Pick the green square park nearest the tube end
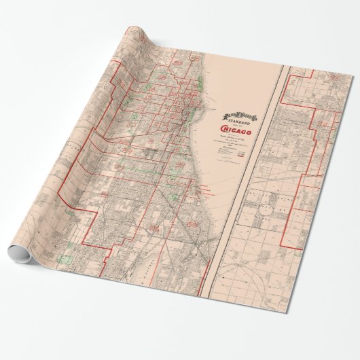tap(67, 259)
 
